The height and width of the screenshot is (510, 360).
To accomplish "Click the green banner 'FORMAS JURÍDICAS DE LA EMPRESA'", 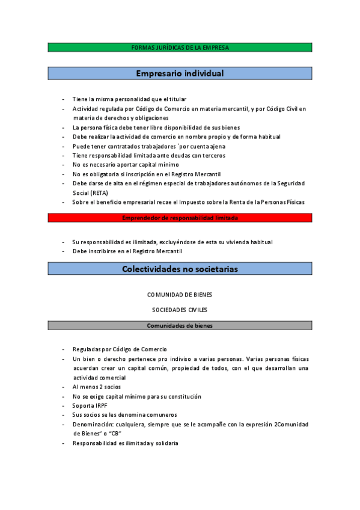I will click(x=180, y=48).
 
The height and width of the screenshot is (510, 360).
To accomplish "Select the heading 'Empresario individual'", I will click(x=180, y=73).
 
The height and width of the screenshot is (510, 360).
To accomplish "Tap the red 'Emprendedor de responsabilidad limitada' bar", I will click(x=180, y=218).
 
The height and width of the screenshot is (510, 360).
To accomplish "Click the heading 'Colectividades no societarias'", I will click(x=180, y=269).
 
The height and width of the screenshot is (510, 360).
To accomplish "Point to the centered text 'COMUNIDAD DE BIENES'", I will click(x=180, y=295).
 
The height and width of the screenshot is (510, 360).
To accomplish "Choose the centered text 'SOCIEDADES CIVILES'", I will click(x=180, y=310).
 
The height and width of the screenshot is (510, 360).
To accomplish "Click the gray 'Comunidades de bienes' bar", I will click(x=180, y=325).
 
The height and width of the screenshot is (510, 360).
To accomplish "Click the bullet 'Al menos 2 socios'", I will click(x=96, y=387).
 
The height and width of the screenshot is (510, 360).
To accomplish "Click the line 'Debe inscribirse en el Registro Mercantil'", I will click(x=127, y=251).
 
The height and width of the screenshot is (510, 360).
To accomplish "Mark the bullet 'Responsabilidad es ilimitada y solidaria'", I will click(x=125, y=443).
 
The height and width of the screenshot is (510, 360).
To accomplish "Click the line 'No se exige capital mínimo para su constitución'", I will click(x=136, y=396).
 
